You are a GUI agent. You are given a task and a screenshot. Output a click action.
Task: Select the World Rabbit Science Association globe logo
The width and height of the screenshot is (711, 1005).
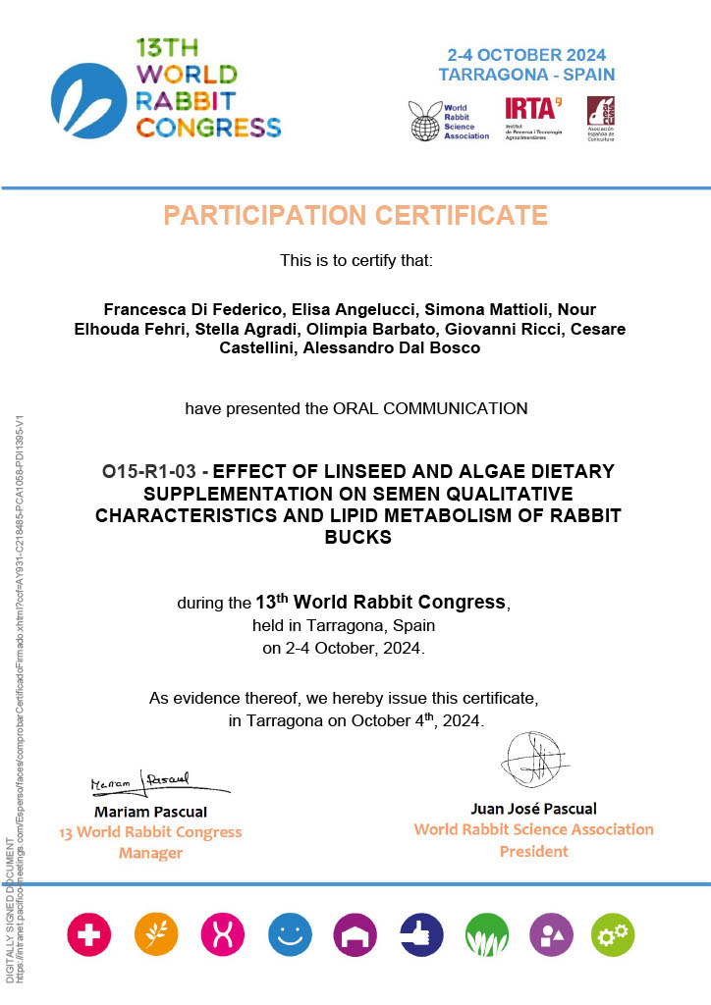(425, 121)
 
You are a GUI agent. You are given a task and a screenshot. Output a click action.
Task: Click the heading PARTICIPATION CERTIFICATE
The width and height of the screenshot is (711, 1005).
(355, 215)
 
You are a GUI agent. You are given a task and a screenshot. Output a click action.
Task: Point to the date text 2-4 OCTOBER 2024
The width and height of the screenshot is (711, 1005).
(526, 55)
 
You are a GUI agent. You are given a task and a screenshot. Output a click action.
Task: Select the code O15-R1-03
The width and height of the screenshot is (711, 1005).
(144, 472)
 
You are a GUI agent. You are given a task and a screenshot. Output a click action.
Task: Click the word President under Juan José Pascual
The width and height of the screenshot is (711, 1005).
(533, 852)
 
